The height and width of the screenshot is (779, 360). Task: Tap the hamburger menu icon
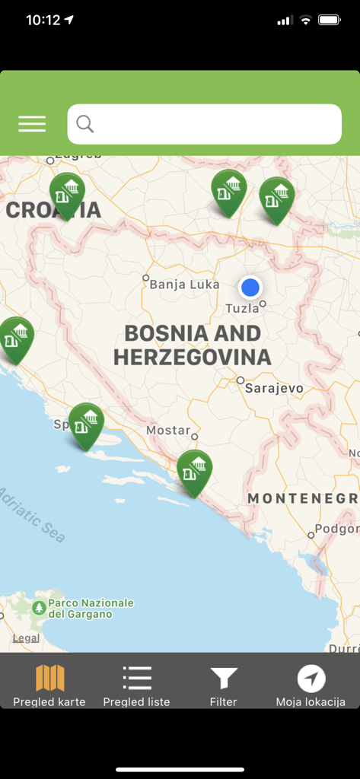(32, 124)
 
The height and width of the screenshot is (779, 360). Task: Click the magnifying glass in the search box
(85, 124)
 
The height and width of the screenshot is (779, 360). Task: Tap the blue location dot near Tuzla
(250, 288)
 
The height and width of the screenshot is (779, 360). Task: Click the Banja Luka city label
(184, 285)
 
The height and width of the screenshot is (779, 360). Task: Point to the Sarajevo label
(274, 388)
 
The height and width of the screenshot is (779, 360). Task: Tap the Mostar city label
(168, 430)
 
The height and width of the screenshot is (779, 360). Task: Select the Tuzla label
(242, 308)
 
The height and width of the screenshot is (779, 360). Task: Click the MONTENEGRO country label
(302, 498)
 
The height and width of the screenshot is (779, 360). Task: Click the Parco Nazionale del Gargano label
(91, 609)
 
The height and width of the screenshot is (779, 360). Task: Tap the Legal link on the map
(26, 638)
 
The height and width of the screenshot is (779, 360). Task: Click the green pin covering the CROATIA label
(67, 195)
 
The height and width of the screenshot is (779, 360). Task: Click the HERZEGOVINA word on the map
(192, 357)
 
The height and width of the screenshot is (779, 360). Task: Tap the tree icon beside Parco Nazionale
(39, 609)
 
